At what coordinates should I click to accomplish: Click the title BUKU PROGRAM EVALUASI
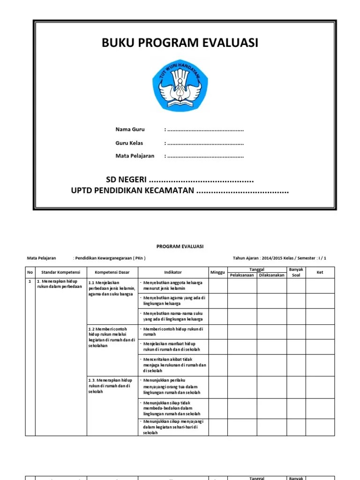coord(180,43)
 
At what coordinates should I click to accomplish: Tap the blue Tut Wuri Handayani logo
coord(180,87)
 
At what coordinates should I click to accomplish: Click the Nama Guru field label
coord(130,129)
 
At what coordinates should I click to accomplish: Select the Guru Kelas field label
coord(129,143)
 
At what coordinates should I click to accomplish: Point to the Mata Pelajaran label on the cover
coord(135,156)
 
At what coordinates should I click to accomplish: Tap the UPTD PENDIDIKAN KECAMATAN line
coord(133,191)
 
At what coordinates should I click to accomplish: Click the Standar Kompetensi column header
coord(61,272)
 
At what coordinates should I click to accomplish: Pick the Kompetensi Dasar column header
coord(112,272)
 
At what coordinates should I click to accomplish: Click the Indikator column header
coord(173,272)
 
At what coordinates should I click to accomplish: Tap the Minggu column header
coord(217,272)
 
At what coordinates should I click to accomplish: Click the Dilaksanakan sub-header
coord(272,275)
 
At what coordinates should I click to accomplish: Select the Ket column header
coord(320,272)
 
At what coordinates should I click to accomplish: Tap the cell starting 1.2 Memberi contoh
coord(112,337)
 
